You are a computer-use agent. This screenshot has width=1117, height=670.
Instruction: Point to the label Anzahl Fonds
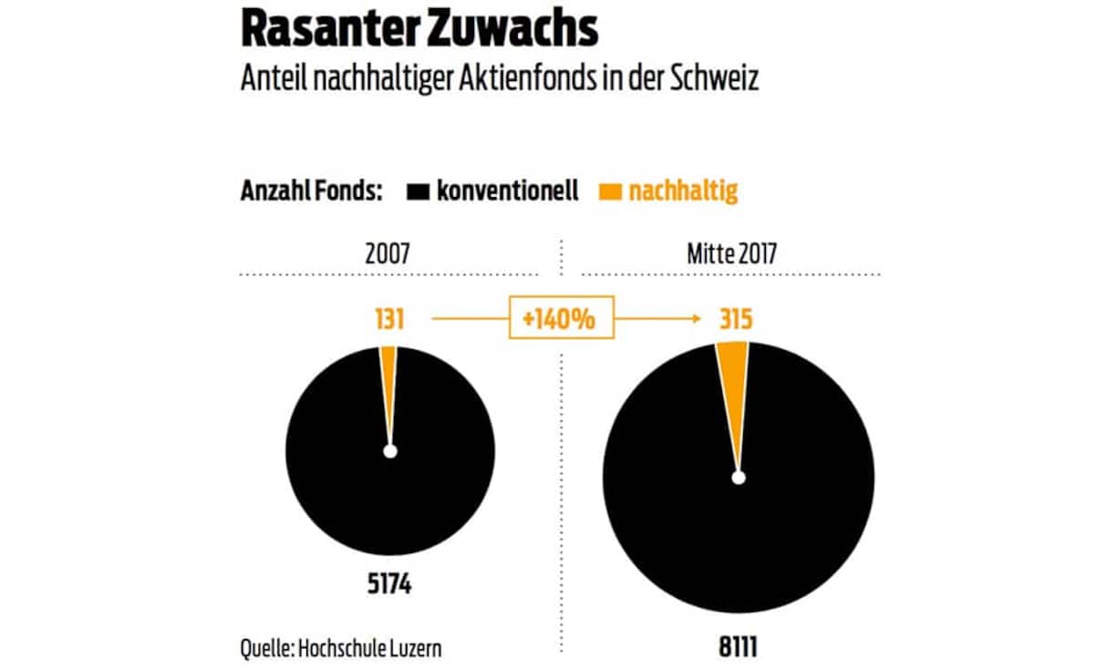point(311,191)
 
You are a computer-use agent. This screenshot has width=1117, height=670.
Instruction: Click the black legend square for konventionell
point(419,191)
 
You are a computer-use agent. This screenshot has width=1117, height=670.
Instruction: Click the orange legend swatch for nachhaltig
point(610,191)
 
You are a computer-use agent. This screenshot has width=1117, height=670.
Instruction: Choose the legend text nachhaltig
point(683,191)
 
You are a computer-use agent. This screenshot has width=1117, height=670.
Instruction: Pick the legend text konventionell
point(506,191)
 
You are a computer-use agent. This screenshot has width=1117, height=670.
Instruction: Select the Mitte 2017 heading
point(732,253)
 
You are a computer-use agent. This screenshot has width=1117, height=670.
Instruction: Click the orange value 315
point(731,320)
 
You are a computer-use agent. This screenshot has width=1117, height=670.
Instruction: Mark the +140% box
point(561,320)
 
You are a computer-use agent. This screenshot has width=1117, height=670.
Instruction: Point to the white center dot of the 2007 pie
point(390,451)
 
